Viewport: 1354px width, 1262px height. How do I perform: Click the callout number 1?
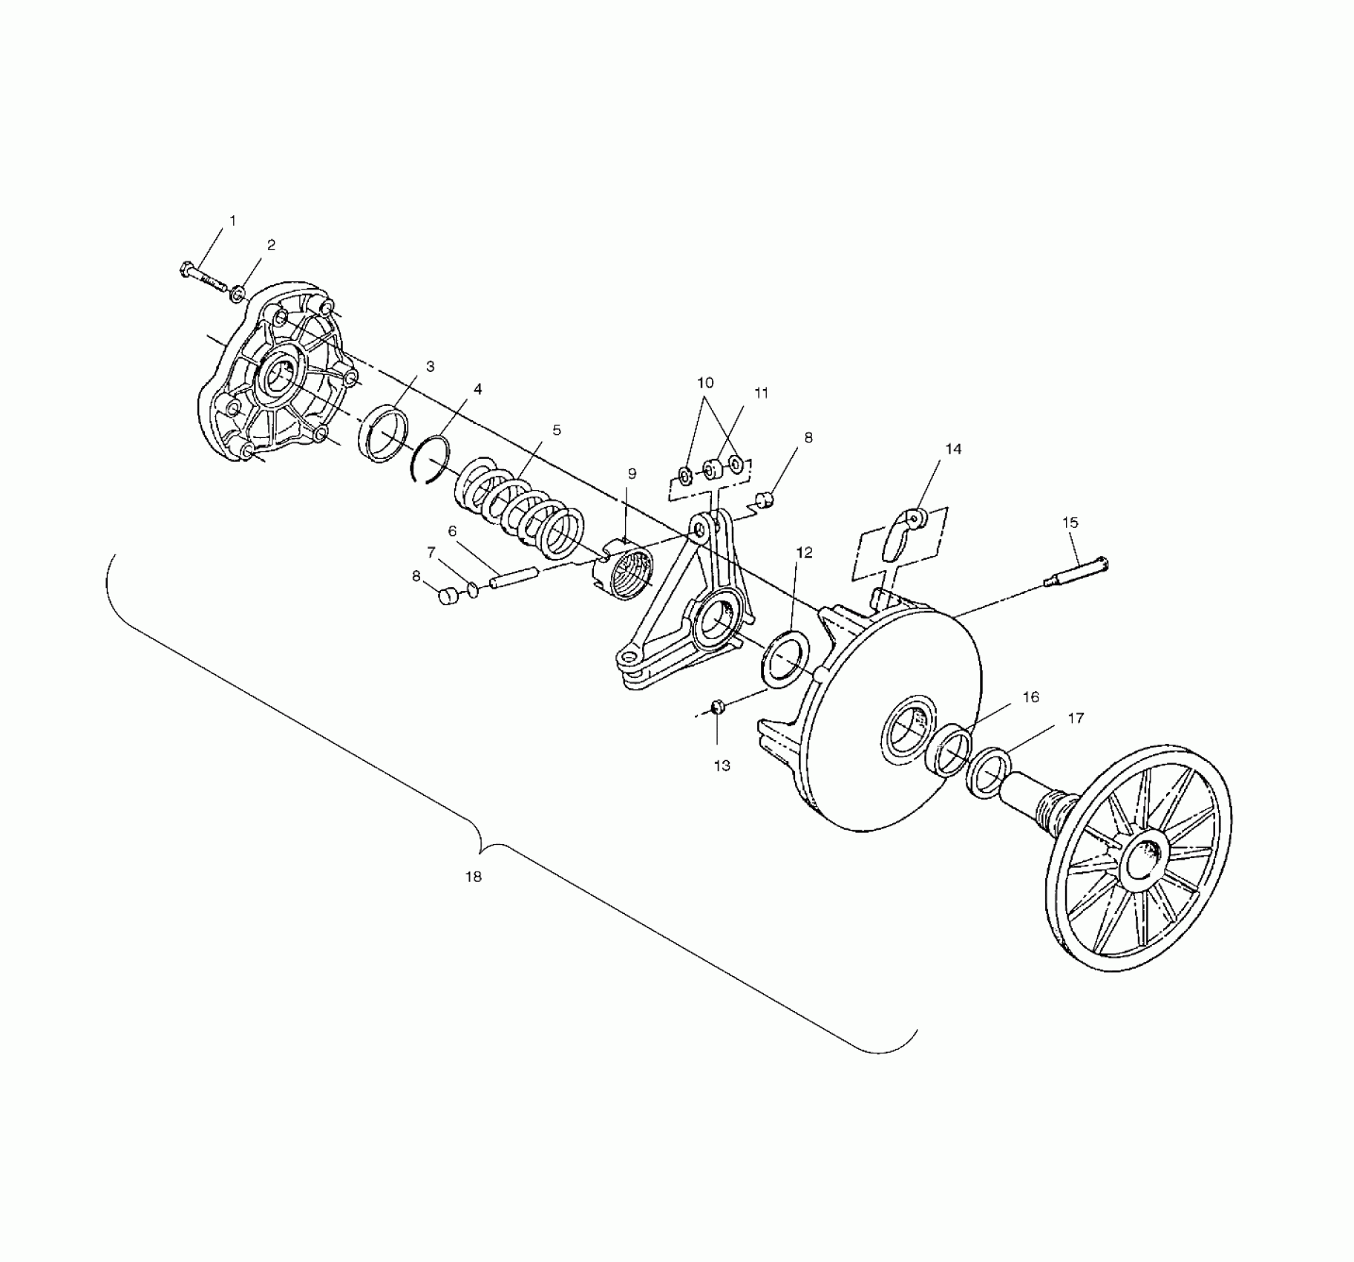click(x=232, y=220)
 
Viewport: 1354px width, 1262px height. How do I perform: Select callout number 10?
click(x=704, y=383)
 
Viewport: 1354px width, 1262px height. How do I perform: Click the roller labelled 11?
click(x=711, y=471)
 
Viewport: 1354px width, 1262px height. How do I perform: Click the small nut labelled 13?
click(x=717, y=707)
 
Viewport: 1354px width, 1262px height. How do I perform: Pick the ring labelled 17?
click(x=989, y=774)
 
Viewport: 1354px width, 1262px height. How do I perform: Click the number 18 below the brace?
click(x=473, y=877)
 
